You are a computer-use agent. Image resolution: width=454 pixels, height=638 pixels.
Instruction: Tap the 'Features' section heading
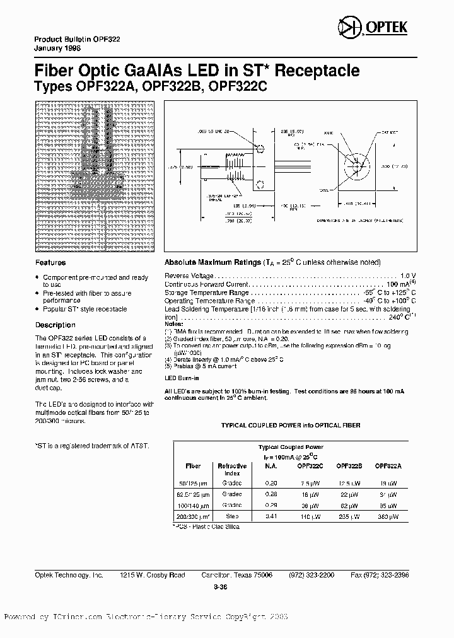pos(50,262)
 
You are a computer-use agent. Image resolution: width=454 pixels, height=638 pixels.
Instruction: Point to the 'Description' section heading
pos(55,325)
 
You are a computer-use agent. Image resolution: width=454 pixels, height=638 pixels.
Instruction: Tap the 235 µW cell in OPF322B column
pos(348,516)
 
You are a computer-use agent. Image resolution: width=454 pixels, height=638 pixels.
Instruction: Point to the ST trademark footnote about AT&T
pos(92,445)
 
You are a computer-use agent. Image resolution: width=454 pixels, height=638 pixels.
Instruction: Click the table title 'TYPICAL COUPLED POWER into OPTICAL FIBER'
pos(290,426)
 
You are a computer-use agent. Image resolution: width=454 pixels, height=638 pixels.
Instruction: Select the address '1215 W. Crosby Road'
pos(153,575)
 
